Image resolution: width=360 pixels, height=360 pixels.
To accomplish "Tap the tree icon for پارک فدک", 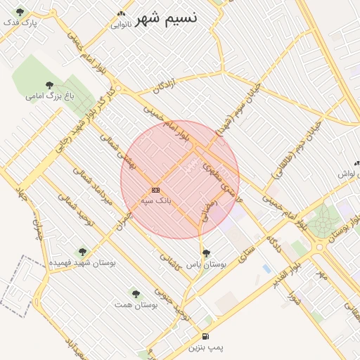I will [x=19, y=12].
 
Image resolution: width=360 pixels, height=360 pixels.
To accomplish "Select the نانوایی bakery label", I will [x=121, y=24].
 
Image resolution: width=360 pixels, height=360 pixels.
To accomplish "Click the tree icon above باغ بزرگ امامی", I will [x=49, y=84].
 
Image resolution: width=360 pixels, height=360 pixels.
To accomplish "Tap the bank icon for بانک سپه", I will [x=155, y=190].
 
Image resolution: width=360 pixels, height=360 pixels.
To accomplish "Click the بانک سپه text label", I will [x=155, y=200].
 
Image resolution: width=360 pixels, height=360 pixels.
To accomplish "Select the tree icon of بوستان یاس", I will [x=205, y=252].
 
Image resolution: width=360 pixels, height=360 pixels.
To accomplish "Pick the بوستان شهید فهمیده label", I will [x=82, y=262].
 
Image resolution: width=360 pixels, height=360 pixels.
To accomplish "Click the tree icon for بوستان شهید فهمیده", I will [x=82, y=252].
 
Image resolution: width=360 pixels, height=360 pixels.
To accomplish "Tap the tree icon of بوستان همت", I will [x=135, y=294].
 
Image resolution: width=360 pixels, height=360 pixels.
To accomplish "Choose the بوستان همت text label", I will [x=135, y=305].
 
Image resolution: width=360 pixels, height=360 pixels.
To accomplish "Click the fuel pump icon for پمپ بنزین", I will [x=205, y=337].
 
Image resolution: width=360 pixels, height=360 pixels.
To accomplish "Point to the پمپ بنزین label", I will [x=205, y=347].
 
